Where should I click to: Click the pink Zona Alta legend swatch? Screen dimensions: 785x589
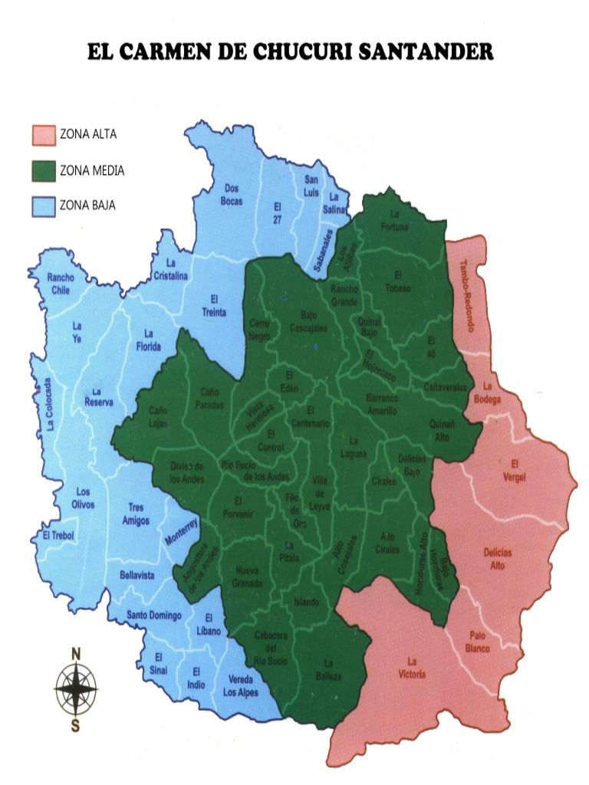click(x=44, y=135)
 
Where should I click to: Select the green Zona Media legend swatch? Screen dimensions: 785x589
click(x=44, y=170)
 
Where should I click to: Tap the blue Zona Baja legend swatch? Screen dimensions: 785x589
click(x=44, y=205)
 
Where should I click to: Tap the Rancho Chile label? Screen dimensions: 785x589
click(x=60, y=284)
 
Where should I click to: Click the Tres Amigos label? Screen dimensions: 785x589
click(x=137, y=514)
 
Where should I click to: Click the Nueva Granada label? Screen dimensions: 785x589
click(x=246, y=576)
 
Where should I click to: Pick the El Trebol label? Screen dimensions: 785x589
click(x=58, y=534)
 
